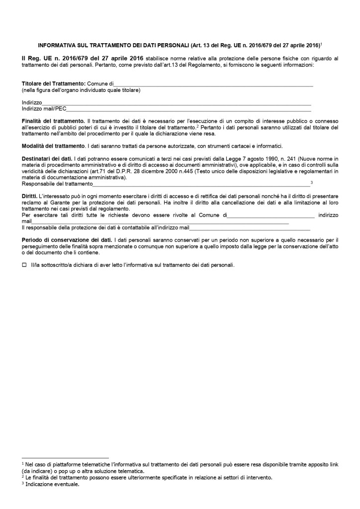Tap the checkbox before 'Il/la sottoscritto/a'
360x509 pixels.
(24, 265)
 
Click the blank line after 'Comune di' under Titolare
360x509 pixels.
(214, 85)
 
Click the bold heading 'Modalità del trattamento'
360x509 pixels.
(53, 146)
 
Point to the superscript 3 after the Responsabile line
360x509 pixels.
(311, 183)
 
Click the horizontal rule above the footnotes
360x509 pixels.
(65, 457)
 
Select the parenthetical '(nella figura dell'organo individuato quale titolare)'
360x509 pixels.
(81, 90)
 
